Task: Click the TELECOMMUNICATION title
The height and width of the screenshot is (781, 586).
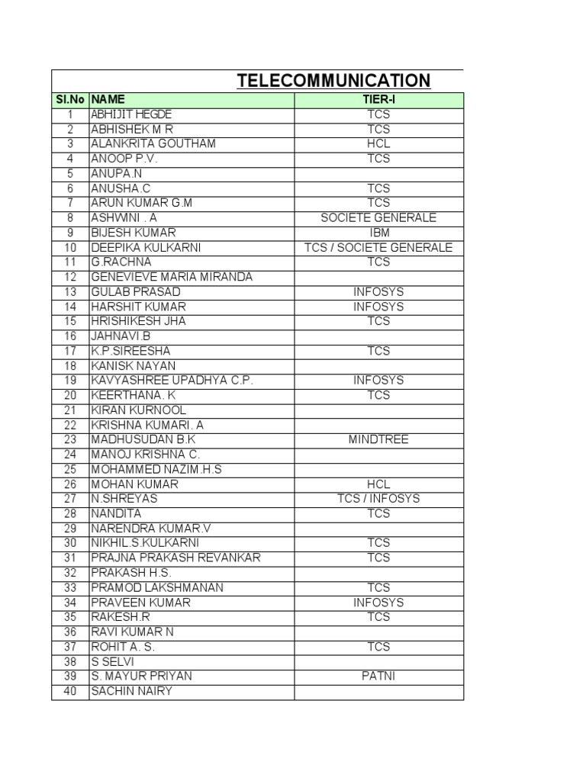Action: pyautogui.click(x=333, y=81)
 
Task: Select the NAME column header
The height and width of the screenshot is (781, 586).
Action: pyautogui.click(x=108, y=99)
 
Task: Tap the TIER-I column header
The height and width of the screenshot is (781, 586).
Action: pyautogui.click(x=378, y=99)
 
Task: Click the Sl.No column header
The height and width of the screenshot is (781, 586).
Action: pyautogui.click(x=70, y=99)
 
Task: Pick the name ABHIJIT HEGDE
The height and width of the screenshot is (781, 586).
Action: pyautogui.click(x=132, y=114)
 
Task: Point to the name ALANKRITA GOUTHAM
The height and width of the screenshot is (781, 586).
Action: pyautogui.click(x=153, y=143)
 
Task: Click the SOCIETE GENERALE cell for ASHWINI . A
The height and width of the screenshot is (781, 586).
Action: pyautogui.click(x=378, y=217)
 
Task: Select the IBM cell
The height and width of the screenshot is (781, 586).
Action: pyautogui.click(x=378, y=233)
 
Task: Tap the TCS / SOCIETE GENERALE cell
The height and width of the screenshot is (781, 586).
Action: pyautogui.click(x=378, y=247)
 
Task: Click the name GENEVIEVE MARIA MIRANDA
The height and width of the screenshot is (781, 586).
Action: pyautogui.click(x=171, y=277)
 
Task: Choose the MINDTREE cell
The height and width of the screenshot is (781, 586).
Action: pyautogui.click(x=378, y=439)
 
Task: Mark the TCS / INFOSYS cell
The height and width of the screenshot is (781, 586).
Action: pyautogui.click(x=378, y=499)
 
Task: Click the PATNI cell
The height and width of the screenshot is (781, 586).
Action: pyautogui.click(x=378, y=676)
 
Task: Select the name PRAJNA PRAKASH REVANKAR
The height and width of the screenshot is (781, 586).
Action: pyautogui.click(x=175, y=558)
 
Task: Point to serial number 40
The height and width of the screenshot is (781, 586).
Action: pyautogui.click(x=70, y=691)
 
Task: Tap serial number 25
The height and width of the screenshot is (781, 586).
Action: pyautogui.click(x=70, y=469)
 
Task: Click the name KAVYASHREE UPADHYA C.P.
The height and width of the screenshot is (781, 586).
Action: pyautogui.click(x=172, y=380)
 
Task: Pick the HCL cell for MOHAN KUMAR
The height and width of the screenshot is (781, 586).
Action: pyautogui.click(x=378, y=484)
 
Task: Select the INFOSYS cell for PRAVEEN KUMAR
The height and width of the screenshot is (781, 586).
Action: pyautogui.click(x=378, y=602)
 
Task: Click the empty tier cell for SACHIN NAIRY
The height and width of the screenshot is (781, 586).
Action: pyautogui.click(x=378, y=691)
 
